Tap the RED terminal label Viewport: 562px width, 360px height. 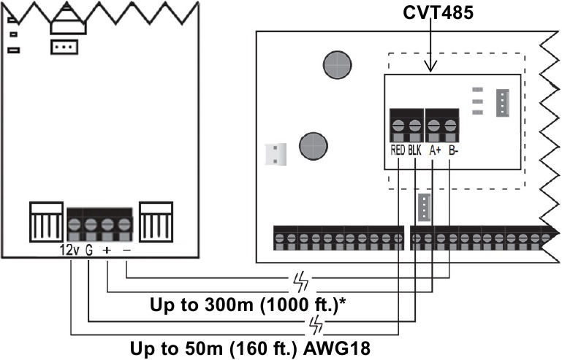(398, 150)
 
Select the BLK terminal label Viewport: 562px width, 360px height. (416, 150)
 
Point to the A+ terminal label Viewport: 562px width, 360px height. (434, 150)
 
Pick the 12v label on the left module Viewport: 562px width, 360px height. (69, 249)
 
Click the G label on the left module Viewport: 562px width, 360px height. (88, 249)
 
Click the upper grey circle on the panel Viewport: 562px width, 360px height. (336, 64)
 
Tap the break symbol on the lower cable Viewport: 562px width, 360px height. (316, 322)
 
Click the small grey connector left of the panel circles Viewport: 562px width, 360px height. (276, 153)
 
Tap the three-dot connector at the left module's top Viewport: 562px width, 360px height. (64, 47)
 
